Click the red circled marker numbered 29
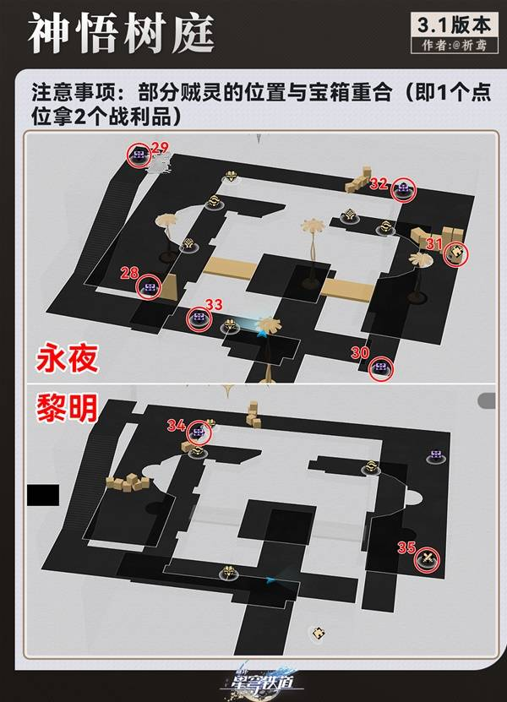point(138,155)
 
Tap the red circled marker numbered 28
point(150,287)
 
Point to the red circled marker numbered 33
point(199,317)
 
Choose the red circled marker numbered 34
point(199,433)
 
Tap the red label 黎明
point(68,410)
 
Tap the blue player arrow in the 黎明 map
point(270,580)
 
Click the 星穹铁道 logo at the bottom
point(253,681)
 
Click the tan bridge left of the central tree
point(226,272)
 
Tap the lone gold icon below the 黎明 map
point(317,632)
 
